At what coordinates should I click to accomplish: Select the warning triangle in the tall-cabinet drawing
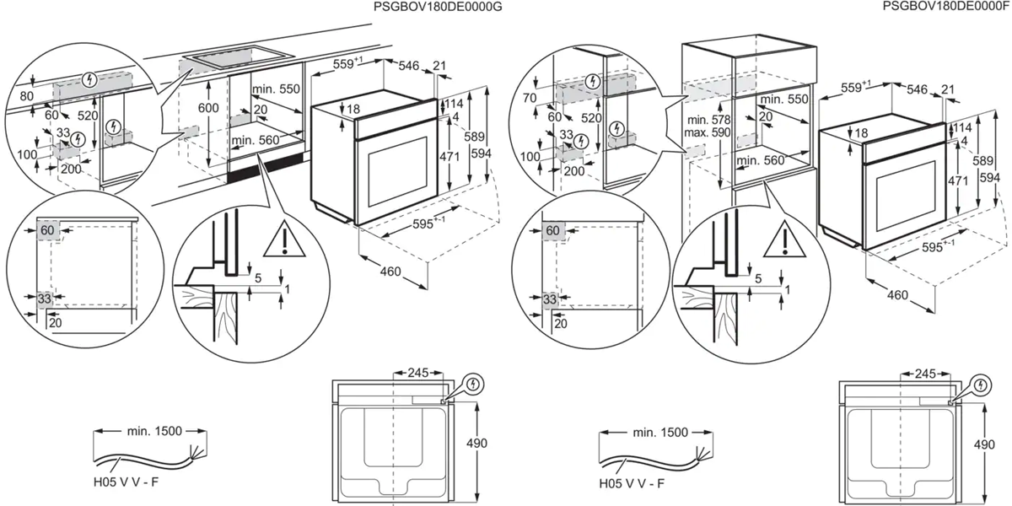pos(785,243)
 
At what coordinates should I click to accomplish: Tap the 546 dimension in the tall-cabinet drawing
pos(916,87)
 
